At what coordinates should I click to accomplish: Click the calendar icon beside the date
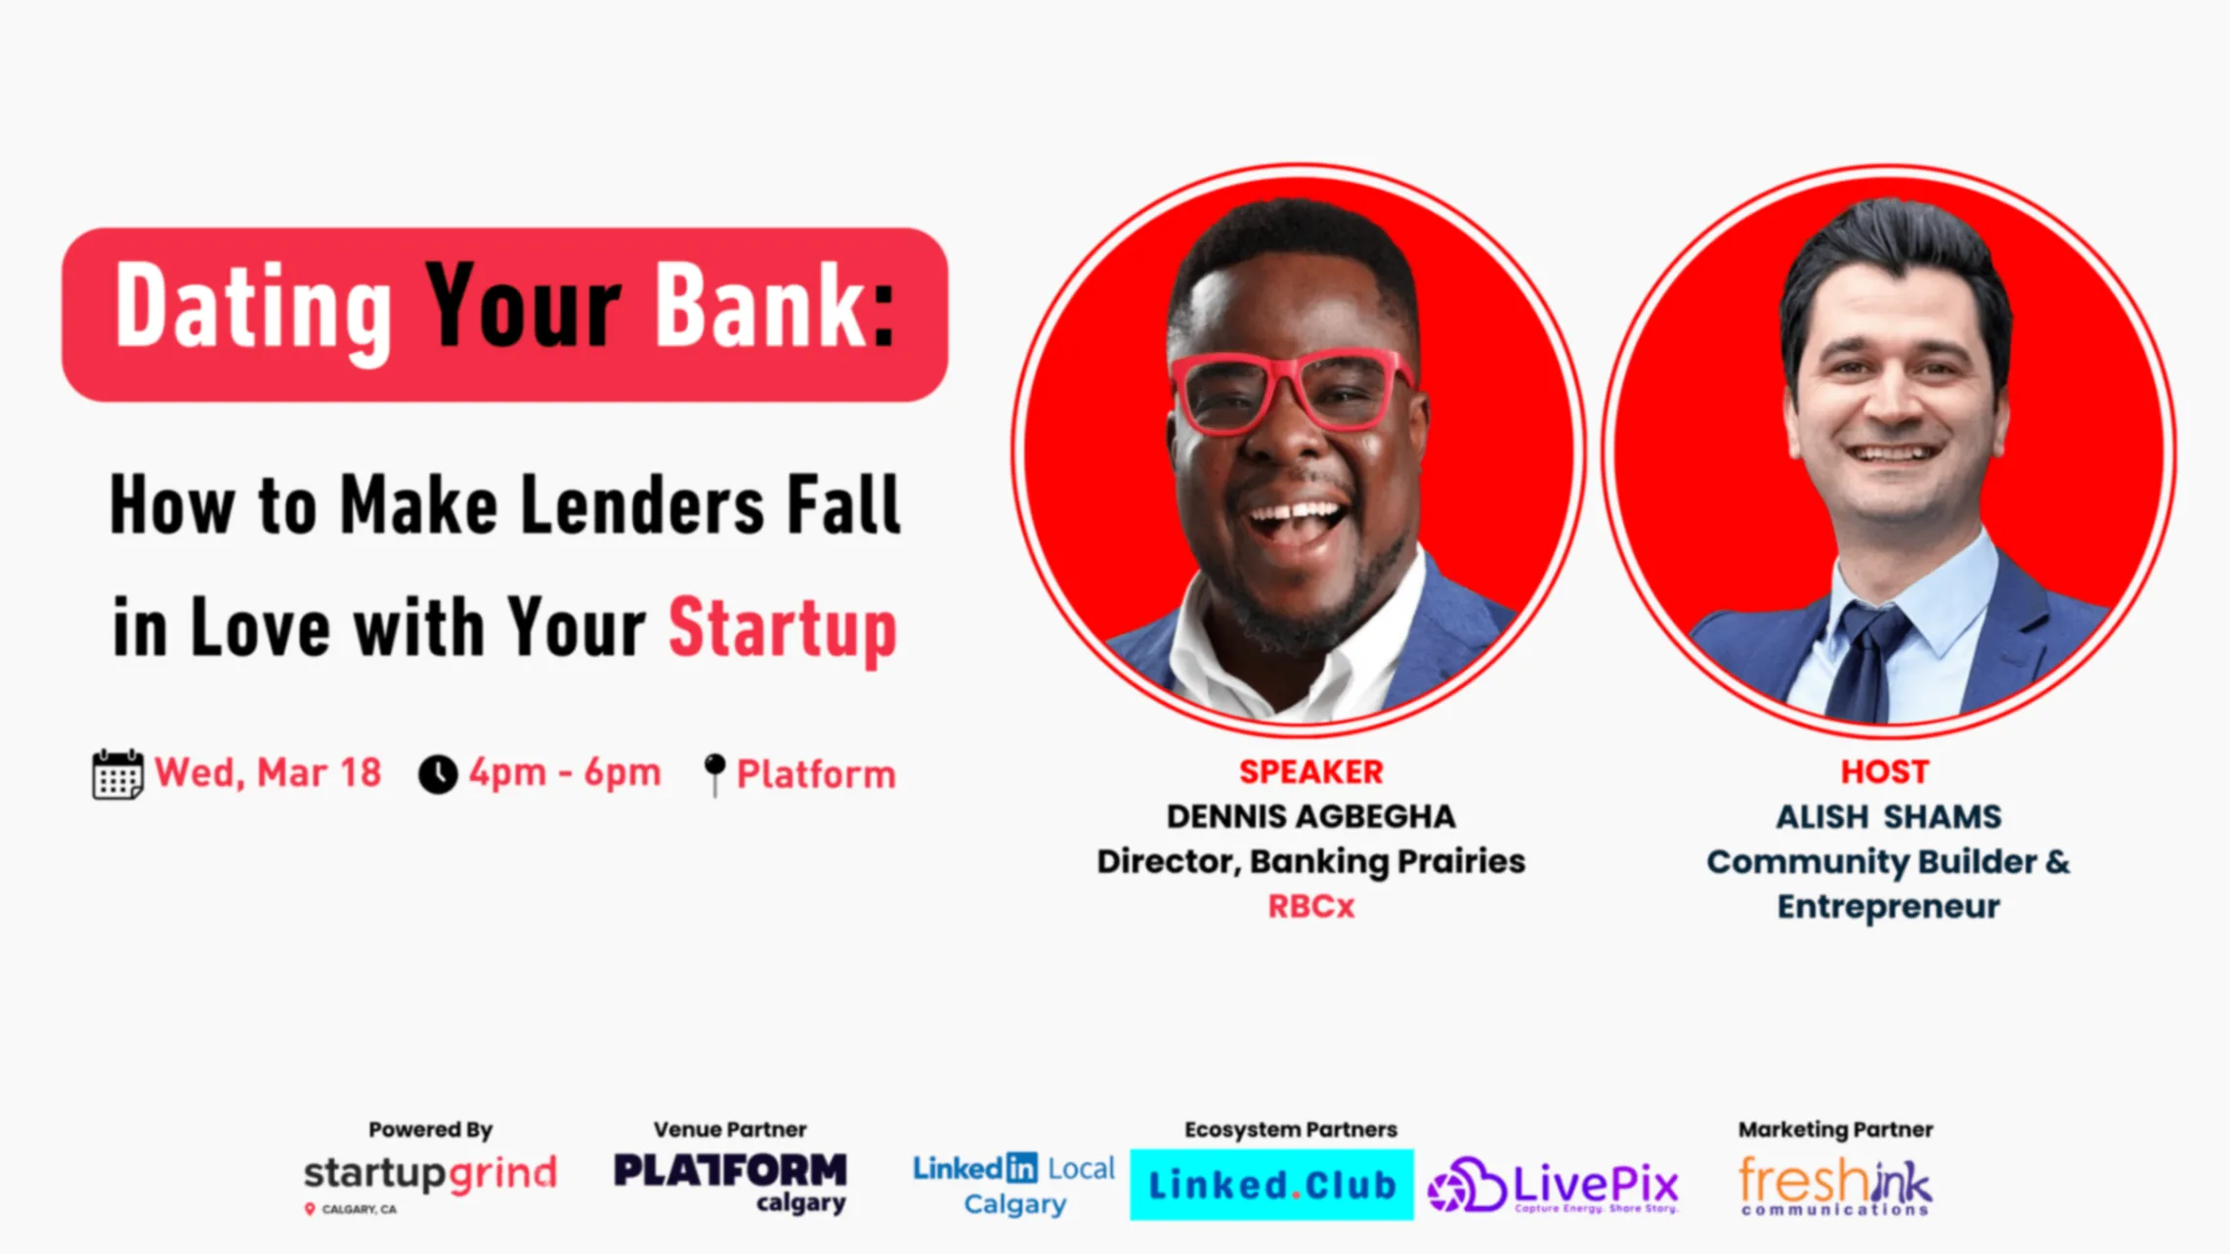(117, 774)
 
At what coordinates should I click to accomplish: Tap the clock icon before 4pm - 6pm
(438, 774)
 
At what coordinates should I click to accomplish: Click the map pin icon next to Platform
(714, 774)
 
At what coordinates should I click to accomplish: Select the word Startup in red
(783, 628)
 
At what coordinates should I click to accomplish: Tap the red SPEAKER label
(1310, 772)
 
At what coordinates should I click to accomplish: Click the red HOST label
(1885, 772)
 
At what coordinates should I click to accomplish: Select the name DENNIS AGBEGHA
(1310, 816)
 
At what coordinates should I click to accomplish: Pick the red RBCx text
(1310, 906)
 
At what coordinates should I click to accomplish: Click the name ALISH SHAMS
(1888, 816)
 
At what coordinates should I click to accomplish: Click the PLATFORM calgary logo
(730, 1183)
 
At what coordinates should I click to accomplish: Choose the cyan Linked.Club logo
(1271, 1186)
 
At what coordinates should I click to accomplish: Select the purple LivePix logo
(1553, 1186)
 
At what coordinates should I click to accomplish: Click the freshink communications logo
(1835, 1186)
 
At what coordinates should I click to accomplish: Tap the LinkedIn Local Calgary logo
(1014, 1185)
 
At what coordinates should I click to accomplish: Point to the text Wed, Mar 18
(268, 773)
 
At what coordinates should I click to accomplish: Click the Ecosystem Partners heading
(1291, 1130)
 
